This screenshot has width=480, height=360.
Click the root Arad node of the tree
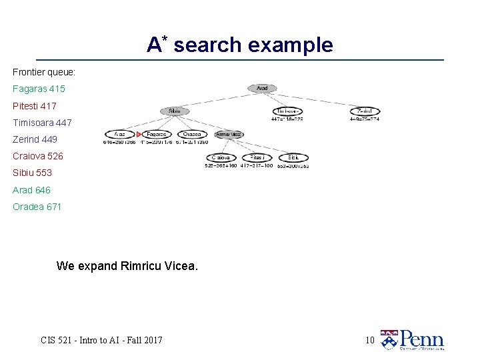tap(262, 88)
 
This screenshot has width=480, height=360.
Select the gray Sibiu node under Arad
tap(175, 111)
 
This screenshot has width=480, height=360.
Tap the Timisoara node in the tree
tap(287, 111)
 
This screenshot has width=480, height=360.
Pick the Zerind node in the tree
tap(365, 111)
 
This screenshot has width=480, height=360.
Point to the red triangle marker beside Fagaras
tap(139, 134)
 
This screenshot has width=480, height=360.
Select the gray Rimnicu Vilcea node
tap(229, 134)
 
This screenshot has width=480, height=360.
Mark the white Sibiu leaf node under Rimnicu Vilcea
tap(294, 157)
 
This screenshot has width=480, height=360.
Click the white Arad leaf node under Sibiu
tap(119, 134)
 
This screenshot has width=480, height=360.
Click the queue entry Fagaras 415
tap(39, 89)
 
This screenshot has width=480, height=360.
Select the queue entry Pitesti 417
tap(35, 106)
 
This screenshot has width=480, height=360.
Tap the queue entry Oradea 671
tap(37, 207)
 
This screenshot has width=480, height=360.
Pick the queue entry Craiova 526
tap(37, 156)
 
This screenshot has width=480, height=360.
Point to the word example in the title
tap(290, 45)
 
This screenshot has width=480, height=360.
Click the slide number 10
tap(370, 341)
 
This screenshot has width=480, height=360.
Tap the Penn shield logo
tap(389, 340)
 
